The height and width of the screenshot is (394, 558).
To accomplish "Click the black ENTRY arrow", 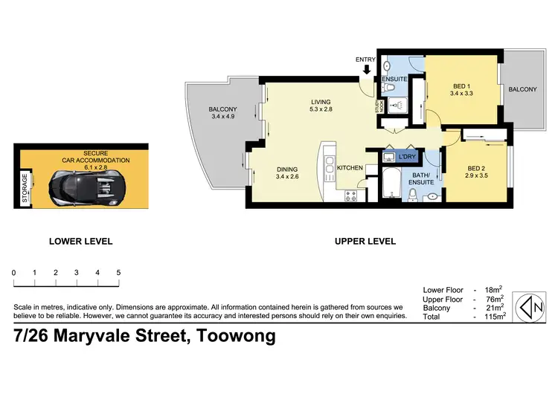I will tap(365, 71).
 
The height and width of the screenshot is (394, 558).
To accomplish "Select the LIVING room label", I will tap(321, 103).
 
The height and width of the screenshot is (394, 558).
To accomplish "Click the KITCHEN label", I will tap(350, 168).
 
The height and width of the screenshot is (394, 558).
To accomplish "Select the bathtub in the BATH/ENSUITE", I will tap(391, 184).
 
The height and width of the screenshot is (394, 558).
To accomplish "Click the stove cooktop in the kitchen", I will tap(352, 196).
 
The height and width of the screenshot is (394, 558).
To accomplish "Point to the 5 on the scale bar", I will tap(118, 273).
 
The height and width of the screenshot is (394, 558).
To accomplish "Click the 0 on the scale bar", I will tap(14, 273).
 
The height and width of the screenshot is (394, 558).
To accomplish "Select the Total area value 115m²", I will tap(493, 316).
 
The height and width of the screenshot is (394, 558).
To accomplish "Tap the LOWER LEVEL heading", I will tap(80, 241).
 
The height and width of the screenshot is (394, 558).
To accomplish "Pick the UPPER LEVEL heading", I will tap(365, 241).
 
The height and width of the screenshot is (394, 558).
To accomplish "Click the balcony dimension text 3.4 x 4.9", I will tap(222, 117).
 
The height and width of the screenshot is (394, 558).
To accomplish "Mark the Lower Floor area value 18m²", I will tap(495, 289).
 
